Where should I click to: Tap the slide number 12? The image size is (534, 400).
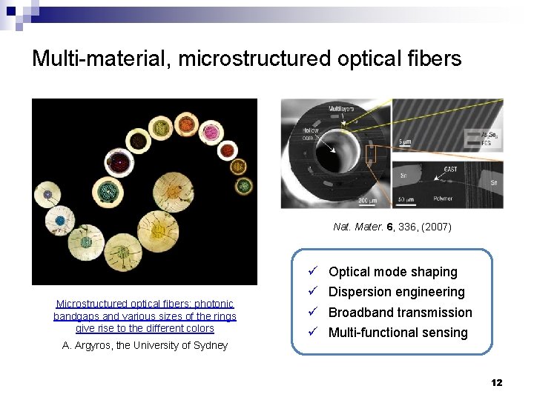496,382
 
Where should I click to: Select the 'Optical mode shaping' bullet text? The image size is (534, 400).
392,272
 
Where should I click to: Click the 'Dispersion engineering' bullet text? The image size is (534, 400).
396,292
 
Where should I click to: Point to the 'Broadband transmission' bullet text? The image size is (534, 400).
400,313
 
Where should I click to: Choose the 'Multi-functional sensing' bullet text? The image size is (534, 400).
398,333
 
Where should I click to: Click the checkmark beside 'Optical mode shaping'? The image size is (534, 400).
314,272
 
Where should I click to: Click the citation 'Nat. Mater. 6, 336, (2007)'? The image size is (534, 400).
392,227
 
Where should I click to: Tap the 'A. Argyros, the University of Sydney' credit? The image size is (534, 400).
145,345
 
